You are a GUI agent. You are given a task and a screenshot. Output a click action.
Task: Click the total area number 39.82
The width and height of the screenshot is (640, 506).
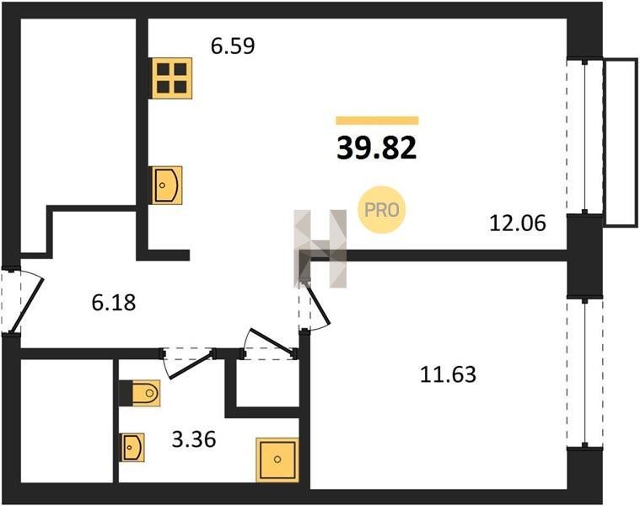tap(376, 148)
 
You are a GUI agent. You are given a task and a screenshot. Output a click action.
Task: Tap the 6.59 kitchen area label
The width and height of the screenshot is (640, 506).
tap(233, 46)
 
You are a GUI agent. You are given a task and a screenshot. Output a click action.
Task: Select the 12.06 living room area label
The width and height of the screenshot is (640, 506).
tap(518, 223)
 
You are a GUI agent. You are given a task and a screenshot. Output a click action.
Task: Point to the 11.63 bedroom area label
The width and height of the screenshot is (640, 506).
tap(448, 374)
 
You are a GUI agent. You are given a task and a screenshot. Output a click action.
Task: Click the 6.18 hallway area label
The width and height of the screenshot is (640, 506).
tap(114, 303)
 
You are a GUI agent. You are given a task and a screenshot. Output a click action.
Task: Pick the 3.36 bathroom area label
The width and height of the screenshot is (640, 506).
tap(193, 440)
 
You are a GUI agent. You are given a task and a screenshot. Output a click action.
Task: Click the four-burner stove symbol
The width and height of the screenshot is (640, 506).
tap(171, 78)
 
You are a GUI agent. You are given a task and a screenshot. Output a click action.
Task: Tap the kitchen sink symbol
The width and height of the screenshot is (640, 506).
tap(167, 185)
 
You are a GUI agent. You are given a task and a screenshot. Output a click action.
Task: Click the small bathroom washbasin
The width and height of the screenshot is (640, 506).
tap(132, 447)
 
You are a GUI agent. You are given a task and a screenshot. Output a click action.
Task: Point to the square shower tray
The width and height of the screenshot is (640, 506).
tap(277, 460)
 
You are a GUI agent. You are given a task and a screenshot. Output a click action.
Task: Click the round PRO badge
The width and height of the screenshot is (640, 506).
tap(381, 210)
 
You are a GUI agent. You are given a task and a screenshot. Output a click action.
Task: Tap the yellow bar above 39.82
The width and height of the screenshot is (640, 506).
tap(377, 121)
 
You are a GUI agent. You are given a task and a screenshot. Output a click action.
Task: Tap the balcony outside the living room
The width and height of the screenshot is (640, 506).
tap(621, 142)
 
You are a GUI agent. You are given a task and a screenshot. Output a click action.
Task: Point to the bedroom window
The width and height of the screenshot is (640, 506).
tap(585, 373)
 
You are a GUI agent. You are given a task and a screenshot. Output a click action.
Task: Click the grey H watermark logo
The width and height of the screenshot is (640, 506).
tap(320, 249)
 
